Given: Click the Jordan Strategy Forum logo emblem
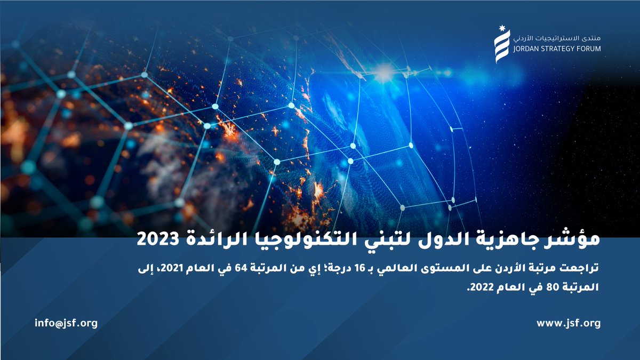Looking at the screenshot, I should pos(501,46).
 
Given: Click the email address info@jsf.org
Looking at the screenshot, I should pos(66,323).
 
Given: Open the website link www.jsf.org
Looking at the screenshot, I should pos(569,323).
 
